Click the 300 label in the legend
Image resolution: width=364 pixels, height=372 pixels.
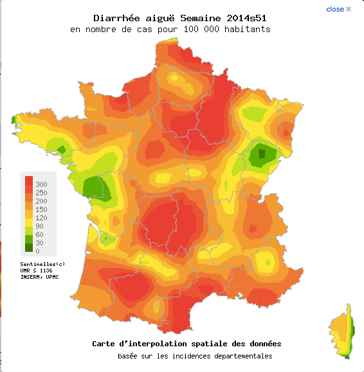[41, 184]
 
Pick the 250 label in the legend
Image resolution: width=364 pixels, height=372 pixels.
[41, 193]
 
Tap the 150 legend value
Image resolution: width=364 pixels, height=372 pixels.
[41, 209]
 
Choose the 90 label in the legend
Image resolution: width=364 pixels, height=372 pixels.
[39, 226]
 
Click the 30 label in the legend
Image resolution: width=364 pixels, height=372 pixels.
[39, 243]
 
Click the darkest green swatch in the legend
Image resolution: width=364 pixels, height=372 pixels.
[30, 247]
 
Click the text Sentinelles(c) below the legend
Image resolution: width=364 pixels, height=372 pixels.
[42, 264]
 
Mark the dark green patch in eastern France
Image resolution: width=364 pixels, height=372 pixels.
[262, 154]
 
